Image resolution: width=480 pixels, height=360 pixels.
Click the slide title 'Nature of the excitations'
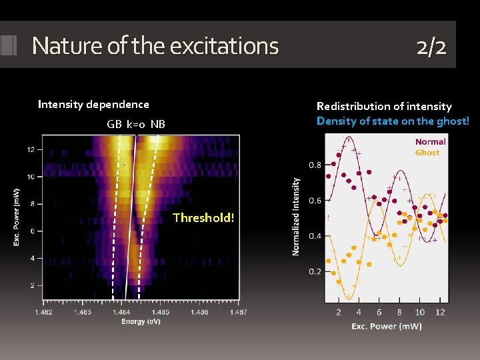coord(155,46)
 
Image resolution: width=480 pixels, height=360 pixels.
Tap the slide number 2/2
coord(431,46)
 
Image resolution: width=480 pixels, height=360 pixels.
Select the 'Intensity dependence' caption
coord(93,104)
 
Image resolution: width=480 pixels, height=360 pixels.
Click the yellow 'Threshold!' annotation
coord(203,217)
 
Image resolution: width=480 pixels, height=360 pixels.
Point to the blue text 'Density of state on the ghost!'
coord(393,121)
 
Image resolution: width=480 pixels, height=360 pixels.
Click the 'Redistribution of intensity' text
coord(384,106)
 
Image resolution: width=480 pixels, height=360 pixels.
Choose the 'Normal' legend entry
coord(430,141)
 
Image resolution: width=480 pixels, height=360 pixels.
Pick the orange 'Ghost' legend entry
coord(427,153)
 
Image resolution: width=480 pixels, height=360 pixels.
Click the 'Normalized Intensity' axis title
coord(296,216)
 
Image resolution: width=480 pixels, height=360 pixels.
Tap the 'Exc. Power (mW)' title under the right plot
coord(387,326)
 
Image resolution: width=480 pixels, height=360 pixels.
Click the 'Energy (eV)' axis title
coord(141,322)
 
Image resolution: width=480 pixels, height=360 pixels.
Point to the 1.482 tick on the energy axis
coord(43,312)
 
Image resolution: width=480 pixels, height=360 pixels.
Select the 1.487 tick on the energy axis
coord(238,312)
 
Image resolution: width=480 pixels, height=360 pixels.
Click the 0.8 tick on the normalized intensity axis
coord(315,165)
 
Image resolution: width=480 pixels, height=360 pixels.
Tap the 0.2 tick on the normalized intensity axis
coord(315,271)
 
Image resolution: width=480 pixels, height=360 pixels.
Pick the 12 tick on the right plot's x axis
coord(439,312)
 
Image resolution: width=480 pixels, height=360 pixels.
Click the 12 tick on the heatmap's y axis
coord(31,149)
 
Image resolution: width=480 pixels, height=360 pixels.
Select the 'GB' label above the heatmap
coord(114,124)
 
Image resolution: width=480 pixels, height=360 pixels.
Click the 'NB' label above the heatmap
coord(157,124)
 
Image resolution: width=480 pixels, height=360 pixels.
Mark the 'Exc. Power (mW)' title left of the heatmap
coord(17,217)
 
